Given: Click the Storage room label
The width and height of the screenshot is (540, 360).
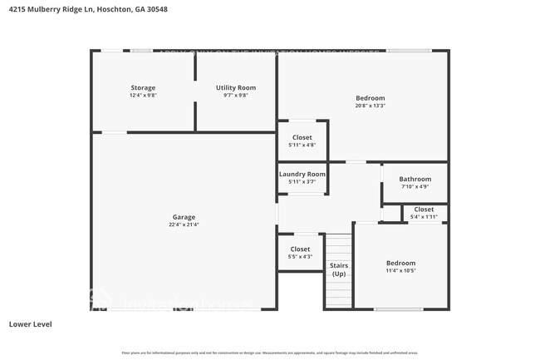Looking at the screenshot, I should tap(142, 87).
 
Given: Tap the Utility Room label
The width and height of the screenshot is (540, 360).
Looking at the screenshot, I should tap(236, 87).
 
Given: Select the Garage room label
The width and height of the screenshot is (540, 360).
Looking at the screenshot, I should tap(184, 217).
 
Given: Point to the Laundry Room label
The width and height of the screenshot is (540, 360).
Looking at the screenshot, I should tap(302, 174).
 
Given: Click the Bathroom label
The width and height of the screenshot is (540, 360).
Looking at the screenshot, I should tap(415, 179).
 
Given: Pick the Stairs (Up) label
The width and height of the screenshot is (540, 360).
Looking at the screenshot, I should tap(339, 269).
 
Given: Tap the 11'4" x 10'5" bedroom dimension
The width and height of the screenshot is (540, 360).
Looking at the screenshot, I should tap(400, 270).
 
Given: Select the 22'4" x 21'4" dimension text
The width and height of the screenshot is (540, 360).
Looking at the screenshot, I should tap(184, 224).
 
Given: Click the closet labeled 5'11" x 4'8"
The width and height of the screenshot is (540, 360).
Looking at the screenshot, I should tap(302, 137).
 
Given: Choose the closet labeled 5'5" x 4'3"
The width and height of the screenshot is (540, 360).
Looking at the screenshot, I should tap(300, 249).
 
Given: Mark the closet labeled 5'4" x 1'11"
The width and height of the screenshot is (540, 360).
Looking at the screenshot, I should tap(424, 210).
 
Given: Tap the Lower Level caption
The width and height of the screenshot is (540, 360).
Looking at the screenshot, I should tap(30, 323).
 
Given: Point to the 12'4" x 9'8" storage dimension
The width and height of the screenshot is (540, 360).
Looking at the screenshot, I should tap(142, 95).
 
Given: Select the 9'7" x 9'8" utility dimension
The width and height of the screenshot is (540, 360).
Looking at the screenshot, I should tap(236, 95).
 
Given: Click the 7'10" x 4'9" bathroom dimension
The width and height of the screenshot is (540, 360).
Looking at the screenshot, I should tap(415, 186).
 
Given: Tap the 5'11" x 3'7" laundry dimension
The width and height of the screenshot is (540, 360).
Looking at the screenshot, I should tap(302, 181).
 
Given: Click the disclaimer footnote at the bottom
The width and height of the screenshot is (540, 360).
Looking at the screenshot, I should tap(270, 353).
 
